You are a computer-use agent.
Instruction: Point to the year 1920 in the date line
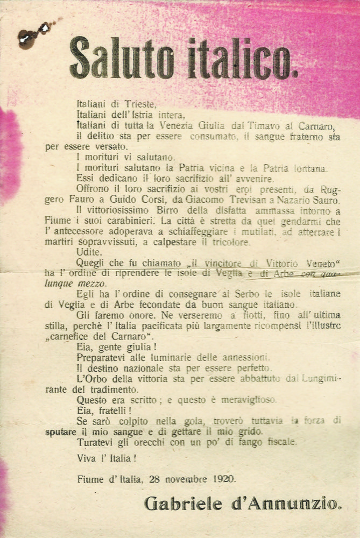[222, 478]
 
